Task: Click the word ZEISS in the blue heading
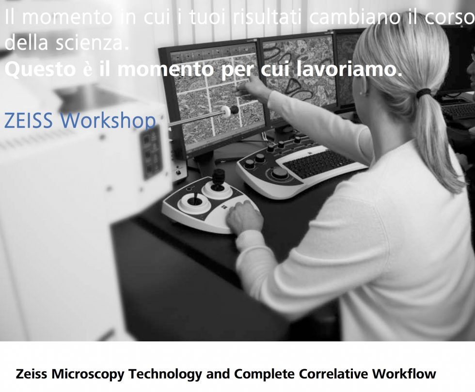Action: click(28, 120)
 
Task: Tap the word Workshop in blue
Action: click(108, 121)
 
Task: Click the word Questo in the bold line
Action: click(40, 70)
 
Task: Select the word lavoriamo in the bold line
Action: click(348, 69)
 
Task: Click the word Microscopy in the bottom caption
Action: click(88, 375)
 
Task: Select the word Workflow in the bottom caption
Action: click(404, 374)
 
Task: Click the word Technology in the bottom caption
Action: click(165, 375)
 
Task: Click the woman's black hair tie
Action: click(423, 93)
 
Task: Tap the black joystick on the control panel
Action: click(218, 179)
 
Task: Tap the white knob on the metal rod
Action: click(226, 111)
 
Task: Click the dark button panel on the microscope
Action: click(151, 153)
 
